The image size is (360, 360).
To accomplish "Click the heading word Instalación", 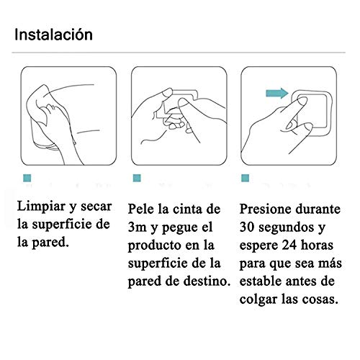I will pyautogui.click(x=53, y=34).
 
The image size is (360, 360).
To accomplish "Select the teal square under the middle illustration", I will pyautogui.click(x=135, y=177).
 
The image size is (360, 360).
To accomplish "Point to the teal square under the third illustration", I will pyautogui.click(x=246, y=177).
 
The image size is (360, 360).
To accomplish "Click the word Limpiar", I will pyautogui.click(x=44, y=207).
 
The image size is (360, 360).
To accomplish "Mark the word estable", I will pyautogui.click(x=264, y=280).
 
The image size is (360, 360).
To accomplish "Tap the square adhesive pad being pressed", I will pyautogui.click(x=311, y=112).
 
